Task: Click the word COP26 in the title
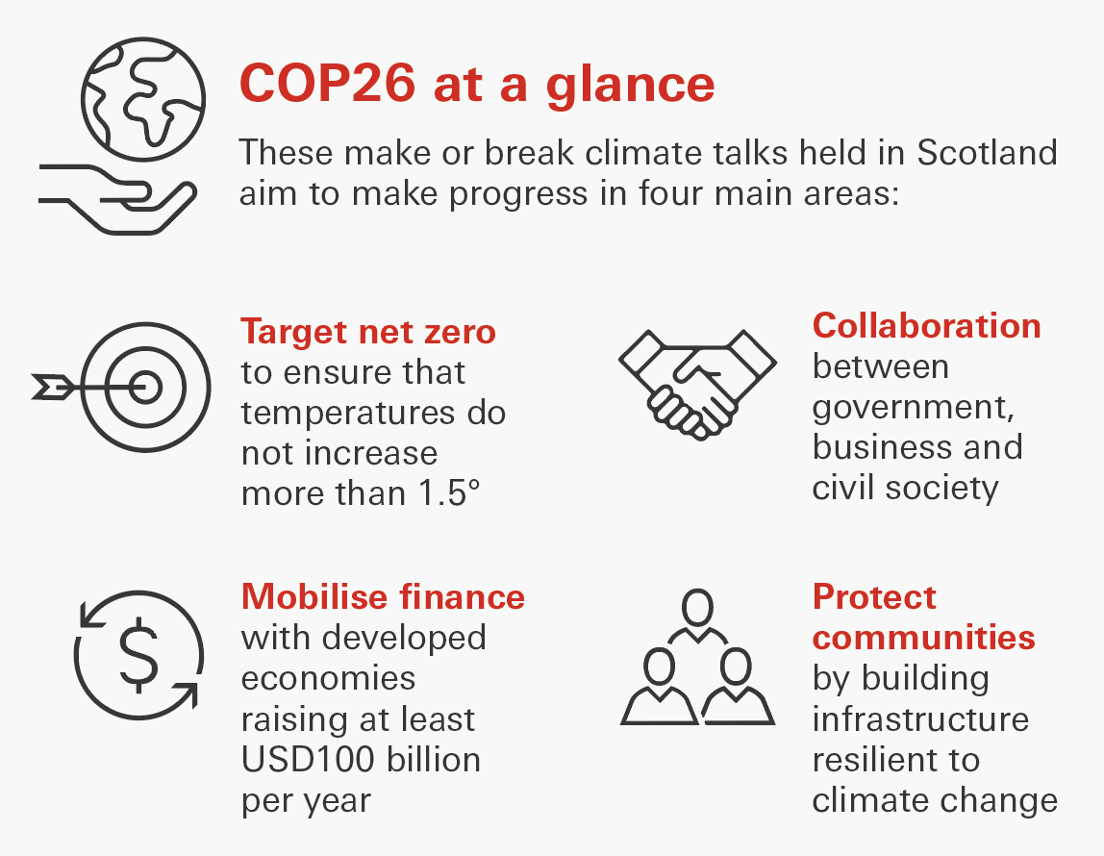click(x=327, y=84)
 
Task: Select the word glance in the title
click(x=630, y=87)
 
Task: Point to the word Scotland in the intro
click(x=987, y=152)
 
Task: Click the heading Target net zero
click(x=368, y=332)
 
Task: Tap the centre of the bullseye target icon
click(x=146, y=388)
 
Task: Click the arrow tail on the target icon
click(x=52, y=388)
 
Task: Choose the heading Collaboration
click(x=927, y=326)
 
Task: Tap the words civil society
click(x=906, y=489)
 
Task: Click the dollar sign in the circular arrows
click(x=138, y=655)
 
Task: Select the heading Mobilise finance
click(x=383, y=597)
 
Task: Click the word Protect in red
click(x=874, y=597)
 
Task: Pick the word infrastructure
click(x=921, y=719)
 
